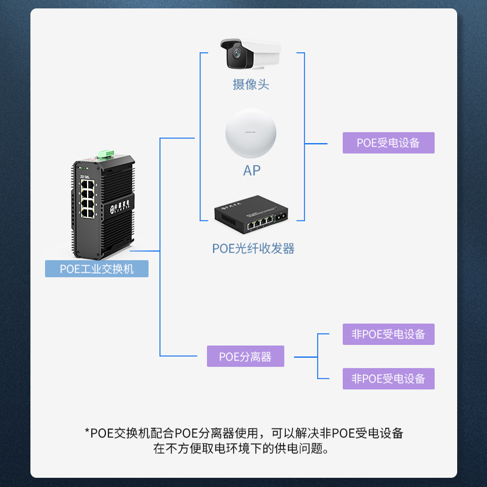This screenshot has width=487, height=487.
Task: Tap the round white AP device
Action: coord(250,134)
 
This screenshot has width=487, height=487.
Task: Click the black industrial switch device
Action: coord(104,204)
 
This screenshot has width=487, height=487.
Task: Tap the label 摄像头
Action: coord(250,85)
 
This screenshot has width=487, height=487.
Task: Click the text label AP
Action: coord(251,170)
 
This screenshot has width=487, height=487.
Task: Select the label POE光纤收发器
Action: coord(253,248)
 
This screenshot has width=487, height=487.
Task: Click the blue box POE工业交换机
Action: coord(97,268)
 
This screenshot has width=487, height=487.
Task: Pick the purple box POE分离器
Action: coord(245,357)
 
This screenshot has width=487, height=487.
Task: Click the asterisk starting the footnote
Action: coord(87,433)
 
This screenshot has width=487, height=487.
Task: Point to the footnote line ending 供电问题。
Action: coord(243,449)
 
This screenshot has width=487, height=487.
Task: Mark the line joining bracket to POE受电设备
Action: coord(316,144)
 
